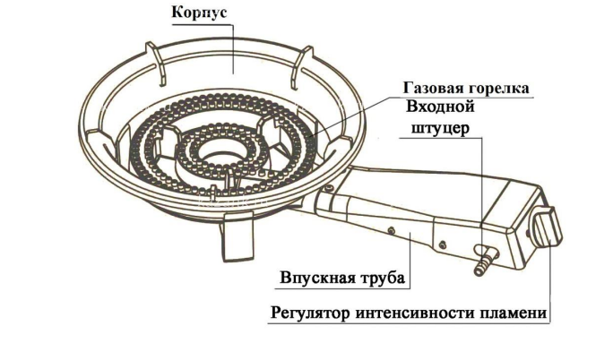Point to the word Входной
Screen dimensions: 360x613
pos(441,107)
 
